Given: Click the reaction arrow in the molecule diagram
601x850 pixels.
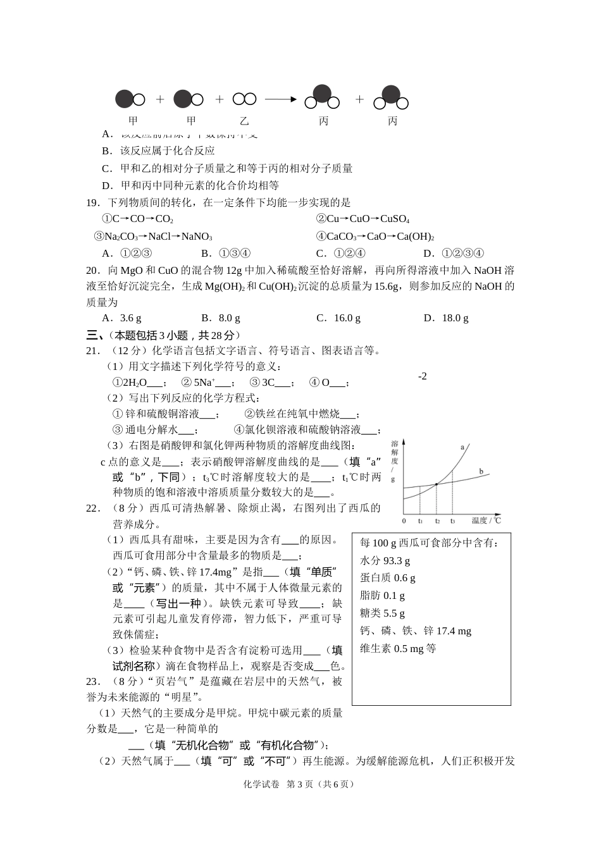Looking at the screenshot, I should (280, 99).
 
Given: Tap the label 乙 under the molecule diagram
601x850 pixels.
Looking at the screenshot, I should (244, 120).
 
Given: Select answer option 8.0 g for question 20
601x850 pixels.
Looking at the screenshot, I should (221, 318).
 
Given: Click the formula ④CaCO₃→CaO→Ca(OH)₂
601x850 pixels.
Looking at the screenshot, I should (375, 237).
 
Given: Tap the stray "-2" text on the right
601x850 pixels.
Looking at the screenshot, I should (422, 376).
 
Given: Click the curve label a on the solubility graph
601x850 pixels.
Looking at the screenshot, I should (462, 447).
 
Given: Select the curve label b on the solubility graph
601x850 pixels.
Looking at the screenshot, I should (481, 471).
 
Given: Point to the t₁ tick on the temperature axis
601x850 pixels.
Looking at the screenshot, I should (420, 521).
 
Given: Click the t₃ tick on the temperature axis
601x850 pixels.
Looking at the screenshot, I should (452, 521).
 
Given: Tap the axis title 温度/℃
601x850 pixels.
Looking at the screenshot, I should (486, 520).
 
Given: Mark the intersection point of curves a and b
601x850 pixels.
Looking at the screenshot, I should (437, 485).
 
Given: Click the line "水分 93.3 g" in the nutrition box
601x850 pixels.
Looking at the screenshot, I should (385, 560).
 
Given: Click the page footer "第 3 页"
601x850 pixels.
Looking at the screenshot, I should (302, 784).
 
